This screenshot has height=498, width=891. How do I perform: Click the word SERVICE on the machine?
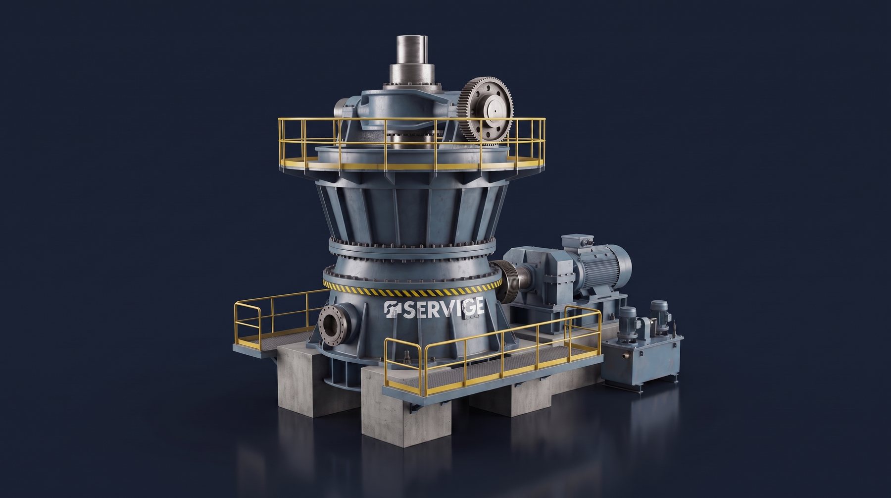coord(444,309)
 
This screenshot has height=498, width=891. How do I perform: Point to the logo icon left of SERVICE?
coord(393,310)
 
